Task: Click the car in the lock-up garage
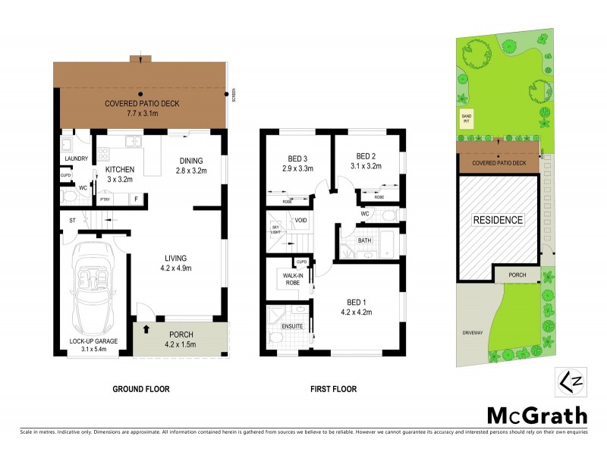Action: tap(93, 284)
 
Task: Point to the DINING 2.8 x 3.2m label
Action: tap(190, 165)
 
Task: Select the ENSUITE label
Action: tap(293, 326)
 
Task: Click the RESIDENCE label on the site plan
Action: tap(498, 220)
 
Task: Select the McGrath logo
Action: tap(536, 415)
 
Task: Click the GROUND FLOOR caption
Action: tap(141, 389)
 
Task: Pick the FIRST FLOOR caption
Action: tap(333, 389)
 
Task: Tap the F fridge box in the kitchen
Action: tap(136, 199)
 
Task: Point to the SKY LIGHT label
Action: tap(275, 229)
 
